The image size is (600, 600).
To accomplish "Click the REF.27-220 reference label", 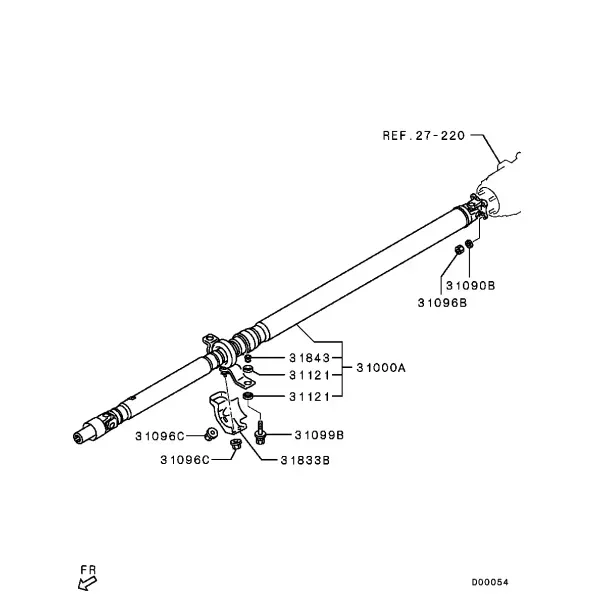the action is [424, 135].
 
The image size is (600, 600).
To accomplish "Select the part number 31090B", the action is [470, 285].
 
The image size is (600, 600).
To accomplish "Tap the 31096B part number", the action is [442, 303].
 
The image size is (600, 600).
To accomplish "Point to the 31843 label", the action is [309, 358].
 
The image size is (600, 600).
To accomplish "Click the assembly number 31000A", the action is [381, 368].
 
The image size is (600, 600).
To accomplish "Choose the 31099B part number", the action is [319, 435].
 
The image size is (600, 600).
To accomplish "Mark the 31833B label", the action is [305, 460].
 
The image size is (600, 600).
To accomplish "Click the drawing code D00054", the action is [490, 582].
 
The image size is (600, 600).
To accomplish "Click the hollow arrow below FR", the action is [87, 584].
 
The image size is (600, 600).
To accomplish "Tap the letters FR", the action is [88, 570].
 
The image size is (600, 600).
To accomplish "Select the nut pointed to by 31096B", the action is [459, 249].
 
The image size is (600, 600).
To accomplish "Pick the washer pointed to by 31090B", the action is [469, 243].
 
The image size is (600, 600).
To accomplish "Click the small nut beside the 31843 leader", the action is [248, 358].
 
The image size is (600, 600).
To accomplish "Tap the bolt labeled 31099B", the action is [261, 433].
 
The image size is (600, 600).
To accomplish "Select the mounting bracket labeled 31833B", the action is [228, 413].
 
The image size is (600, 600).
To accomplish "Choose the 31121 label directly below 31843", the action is [309, 375].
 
